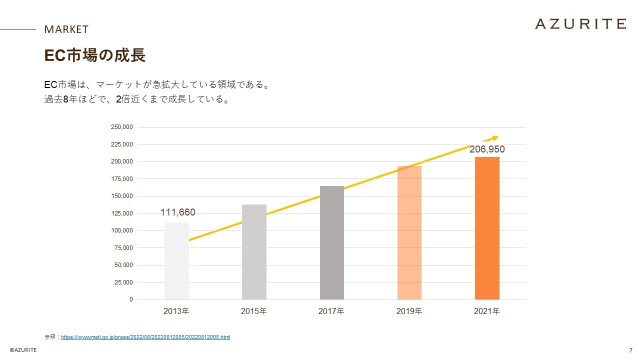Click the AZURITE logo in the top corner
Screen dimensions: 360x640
pos(580,23)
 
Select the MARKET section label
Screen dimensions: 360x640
pos(66,29)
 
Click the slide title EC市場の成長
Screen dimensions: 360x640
pos(95,55)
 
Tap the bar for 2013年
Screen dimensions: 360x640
pos(176,261)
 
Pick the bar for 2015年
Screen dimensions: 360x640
pos(254,252)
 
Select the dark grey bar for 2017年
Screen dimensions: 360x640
pos(332,243)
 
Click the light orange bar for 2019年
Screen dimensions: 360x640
pos(409,233)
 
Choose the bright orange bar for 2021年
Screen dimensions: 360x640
pos(487,228)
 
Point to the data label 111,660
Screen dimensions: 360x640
pos(178,212)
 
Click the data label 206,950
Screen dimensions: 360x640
pos(487,149)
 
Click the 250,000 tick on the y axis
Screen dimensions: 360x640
pos(121,127)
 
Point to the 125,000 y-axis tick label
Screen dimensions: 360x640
pos(121,213)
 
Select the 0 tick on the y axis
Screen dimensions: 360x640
pos(131,299)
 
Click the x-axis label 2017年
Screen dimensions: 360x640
pos(331,311)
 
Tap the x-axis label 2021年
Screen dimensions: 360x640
pos(487,311)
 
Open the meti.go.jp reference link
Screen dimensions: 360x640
pos(145,337)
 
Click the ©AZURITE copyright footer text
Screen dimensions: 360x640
pos(23,350)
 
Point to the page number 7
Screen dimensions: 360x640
pos(630,350)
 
